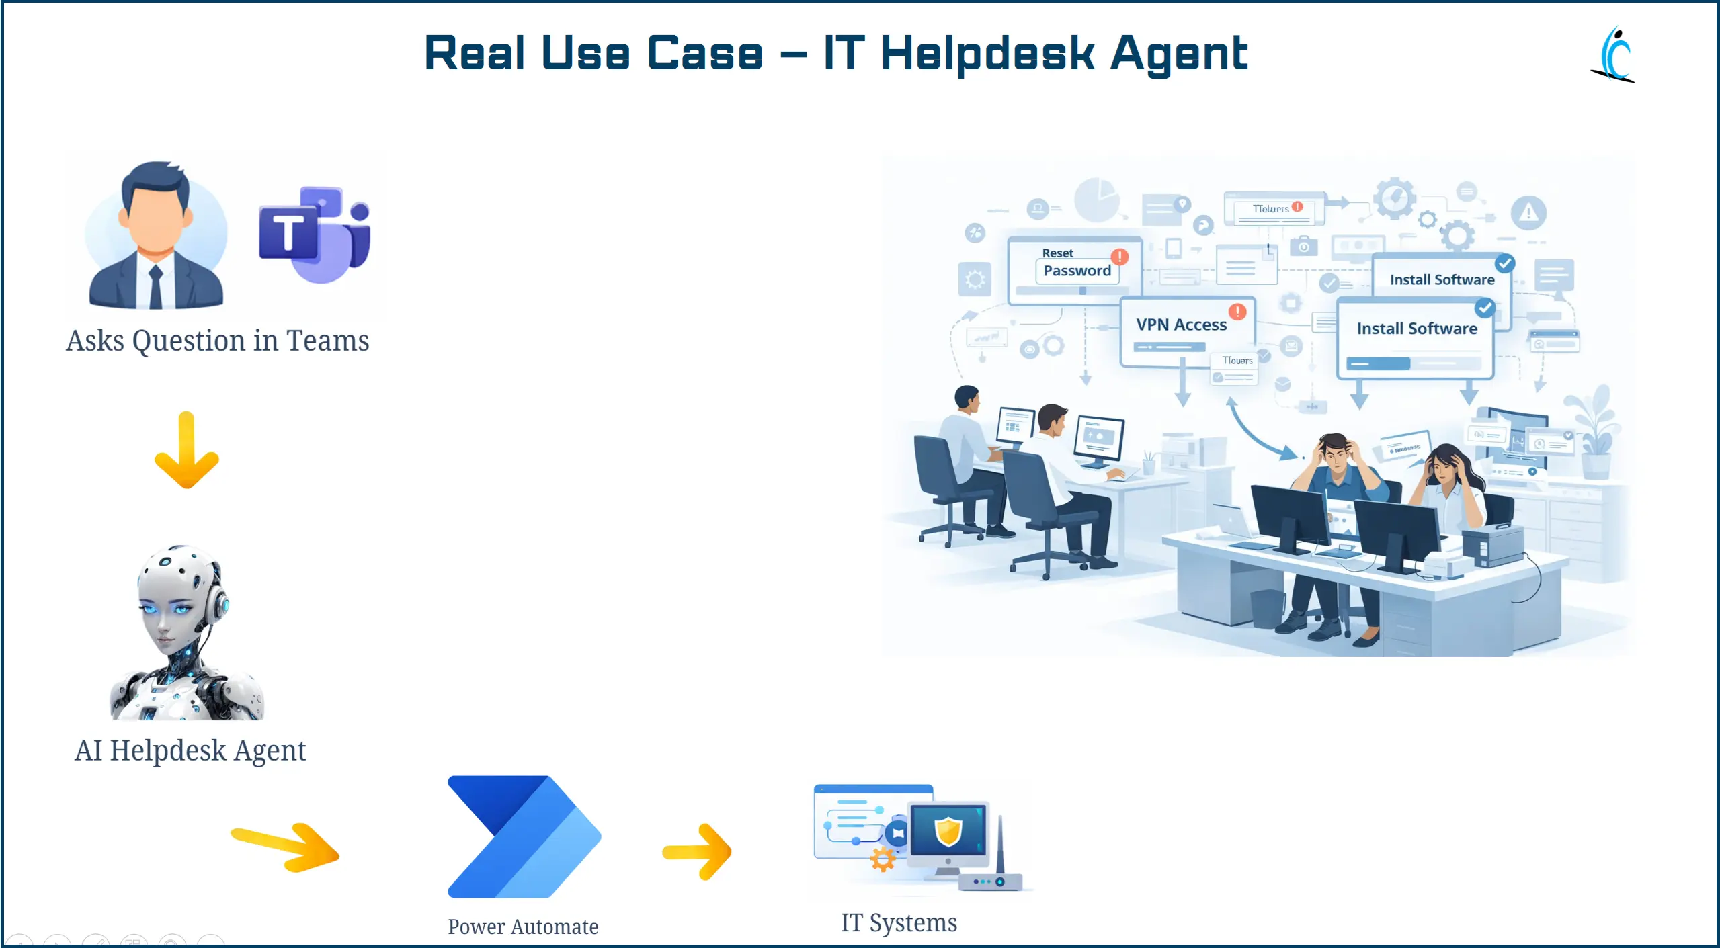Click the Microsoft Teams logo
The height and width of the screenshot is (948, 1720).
coord(314,234)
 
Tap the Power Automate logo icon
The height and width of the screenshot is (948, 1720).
coord(524,836)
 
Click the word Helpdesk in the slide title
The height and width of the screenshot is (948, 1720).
coord(987,54)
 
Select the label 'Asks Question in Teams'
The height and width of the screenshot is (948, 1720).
coord(217,341)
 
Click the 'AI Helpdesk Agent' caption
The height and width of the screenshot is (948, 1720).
coord(190,750)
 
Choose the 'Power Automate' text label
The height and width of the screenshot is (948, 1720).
coord(523,927)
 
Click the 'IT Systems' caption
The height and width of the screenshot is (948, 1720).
coord(899,922)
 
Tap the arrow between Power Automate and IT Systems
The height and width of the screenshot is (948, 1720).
coord(697,851)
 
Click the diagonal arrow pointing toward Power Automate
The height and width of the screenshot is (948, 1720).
coord(286,847)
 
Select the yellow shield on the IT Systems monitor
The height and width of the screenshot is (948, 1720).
coord(948,831)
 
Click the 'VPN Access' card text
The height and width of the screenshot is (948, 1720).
coord(1181,325)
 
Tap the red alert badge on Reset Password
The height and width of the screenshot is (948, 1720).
coord(1120,257)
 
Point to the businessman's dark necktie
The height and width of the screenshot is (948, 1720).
coord(156,286)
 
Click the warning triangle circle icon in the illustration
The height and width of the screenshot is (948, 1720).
coord(1528,213)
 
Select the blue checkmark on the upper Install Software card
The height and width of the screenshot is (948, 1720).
coord(1505,263)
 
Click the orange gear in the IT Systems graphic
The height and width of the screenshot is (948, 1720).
coord(883,859)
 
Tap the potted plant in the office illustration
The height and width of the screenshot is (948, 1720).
coord(1593,433)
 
